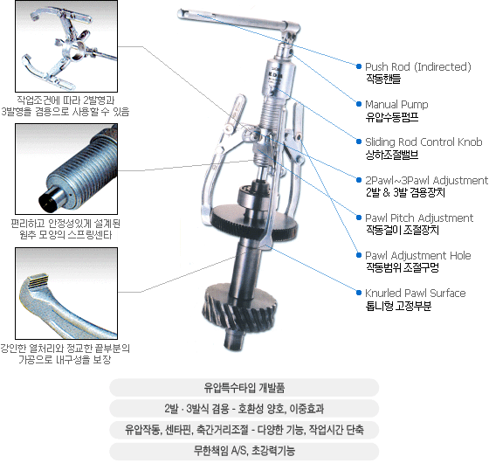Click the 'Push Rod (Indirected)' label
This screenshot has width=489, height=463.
pyautogui.click(x=418, y=66)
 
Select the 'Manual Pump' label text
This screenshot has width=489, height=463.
pyautogui.click(x=396, y=104)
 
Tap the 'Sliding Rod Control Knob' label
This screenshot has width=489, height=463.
pyautogui.click(x=424, y=142)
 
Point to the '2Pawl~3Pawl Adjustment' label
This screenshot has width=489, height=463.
pyautogui.click(x=426, y=180)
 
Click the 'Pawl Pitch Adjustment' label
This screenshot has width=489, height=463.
pyautogui.click(x=419, y=218)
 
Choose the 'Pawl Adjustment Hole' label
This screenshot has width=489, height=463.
pyautogui.click(x=418, y=255)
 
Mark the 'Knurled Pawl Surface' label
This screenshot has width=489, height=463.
pyautogui.click(x=416, y=293)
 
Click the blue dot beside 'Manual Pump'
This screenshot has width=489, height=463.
pyautogui.click(x=359, y=104)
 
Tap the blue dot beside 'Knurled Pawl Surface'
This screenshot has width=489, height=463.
pyautogui.click(x=359, y=293)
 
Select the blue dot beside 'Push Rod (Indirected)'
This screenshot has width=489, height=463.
pyautogui.click(x=359, y=66)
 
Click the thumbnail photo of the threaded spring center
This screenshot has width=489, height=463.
pyautogui.click(x=66, y=169)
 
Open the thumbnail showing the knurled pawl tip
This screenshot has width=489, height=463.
pyautogui.click(x=66, y=294)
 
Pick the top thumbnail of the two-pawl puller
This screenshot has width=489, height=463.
pyautogui.click(x=66, y=46)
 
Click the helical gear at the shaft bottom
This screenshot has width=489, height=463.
pyautogui.click(x=240, y=309)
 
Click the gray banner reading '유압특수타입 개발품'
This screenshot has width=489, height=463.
pyautogui.click(x=244, y=388)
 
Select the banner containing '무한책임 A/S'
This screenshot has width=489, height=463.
pyautogui.click(x=244, y=451)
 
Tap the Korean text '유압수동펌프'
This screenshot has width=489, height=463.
pyautogui.click(x=392, y=117)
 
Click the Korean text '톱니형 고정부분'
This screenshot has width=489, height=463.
pyautogui.click(x=398, y=306)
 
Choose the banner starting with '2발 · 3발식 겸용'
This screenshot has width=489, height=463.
pyautogui.click(x=244, y=409)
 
